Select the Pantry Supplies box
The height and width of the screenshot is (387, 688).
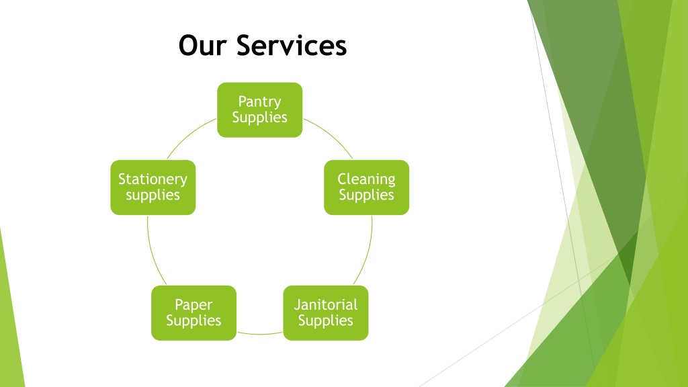259,110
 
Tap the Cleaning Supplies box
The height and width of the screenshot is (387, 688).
366,187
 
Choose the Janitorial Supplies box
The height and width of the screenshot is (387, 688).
326,313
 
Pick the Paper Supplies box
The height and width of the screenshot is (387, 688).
193,313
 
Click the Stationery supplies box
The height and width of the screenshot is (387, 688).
153,187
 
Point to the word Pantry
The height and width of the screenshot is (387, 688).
259,101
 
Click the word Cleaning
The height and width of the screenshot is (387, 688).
366,179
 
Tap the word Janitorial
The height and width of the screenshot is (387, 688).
326,305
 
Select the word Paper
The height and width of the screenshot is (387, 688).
193,305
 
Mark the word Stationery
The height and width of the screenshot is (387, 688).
153,179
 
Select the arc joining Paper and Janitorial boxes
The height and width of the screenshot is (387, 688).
259,333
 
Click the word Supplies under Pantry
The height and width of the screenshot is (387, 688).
259,118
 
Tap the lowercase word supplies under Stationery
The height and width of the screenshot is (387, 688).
153,196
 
